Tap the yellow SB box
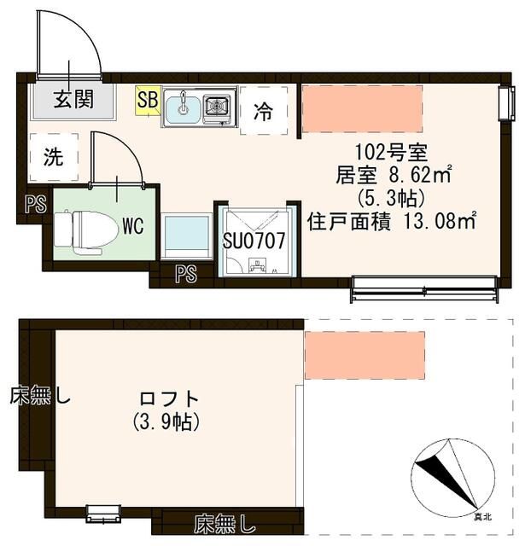[x=147, y=101]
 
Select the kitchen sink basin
[x=183, y=107]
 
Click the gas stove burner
[x=219, y=106]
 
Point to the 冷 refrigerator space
[x=264, y=111]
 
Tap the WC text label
[x=131, y=226]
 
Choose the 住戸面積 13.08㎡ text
[x=392, y=222]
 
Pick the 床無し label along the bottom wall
[x=224, y=520]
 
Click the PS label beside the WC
[x=33, y=205]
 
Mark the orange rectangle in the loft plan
[x=365, y=351]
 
